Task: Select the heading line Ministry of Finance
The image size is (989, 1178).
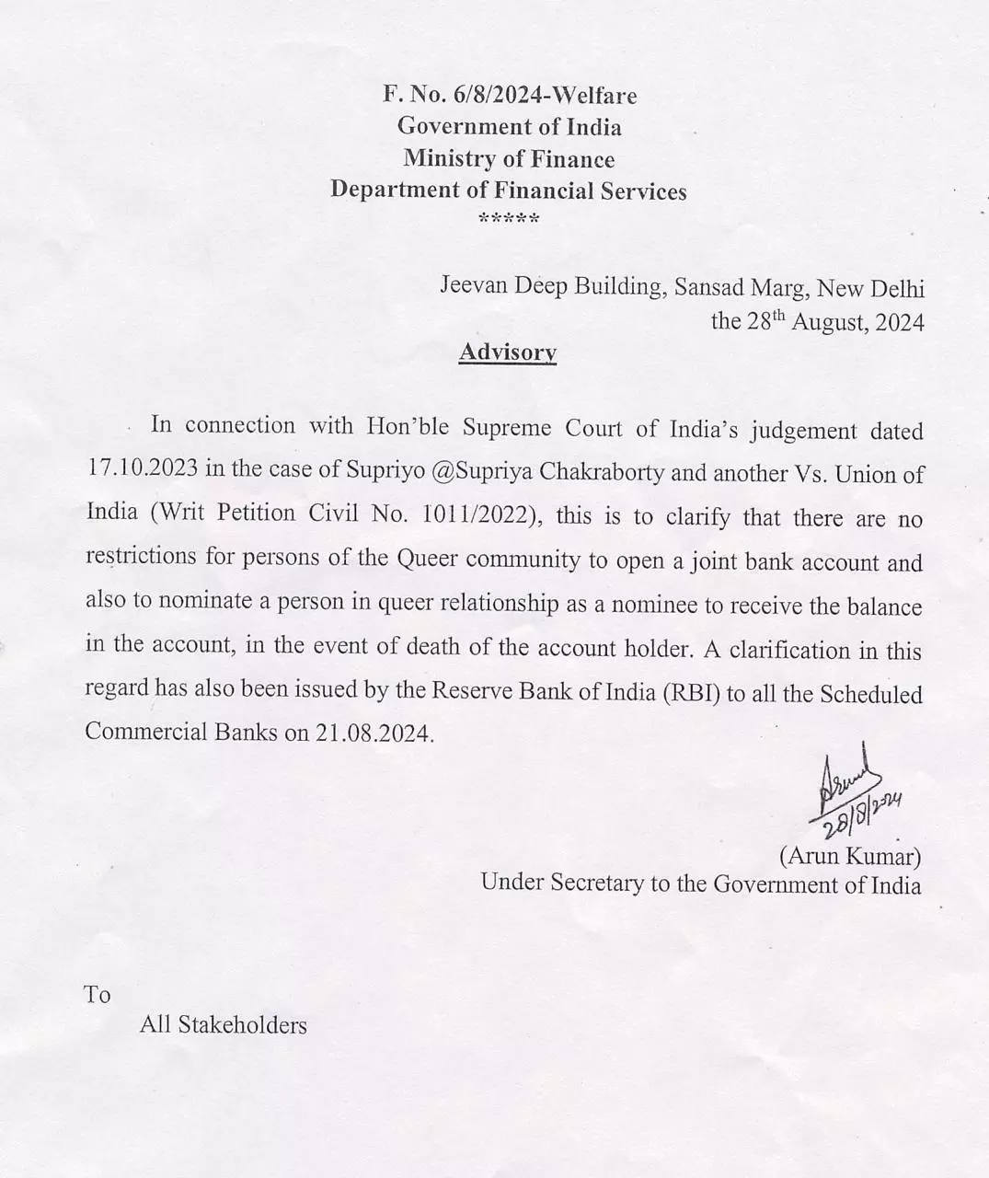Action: pos(509,159)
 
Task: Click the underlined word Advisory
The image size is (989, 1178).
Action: pos(508,352)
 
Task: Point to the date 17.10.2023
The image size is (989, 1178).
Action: pos(141,470)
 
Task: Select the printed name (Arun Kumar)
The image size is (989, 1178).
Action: pos(850,857)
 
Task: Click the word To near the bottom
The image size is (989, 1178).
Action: pos(98,995)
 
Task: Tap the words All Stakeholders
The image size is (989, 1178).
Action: pos(223,1025)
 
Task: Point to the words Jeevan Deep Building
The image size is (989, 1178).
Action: pos(550,287)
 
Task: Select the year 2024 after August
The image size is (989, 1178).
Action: pos(897,322)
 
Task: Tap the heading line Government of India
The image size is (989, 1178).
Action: pos(509,127)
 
